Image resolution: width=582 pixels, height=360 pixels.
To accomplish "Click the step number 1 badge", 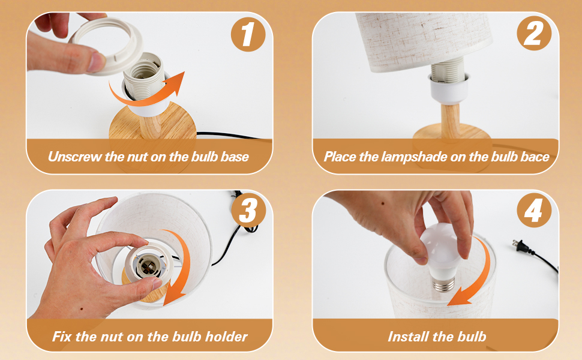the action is click(248, 34).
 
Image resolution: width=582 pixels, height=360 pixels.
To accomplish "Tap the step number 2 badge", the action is click(534, 34).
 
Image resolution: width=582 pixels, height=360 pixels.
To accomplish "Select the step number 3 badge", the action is click(248, 211).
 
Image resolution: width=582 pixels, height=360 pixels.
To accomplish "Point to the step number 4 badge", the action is click(534, 211).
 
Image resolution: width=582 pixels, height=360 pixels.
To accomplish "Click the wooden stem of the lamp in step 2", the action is click(450, 121).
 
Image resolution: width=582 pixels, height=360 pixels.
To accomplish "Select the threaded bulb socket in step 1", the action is click(144, 76).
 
